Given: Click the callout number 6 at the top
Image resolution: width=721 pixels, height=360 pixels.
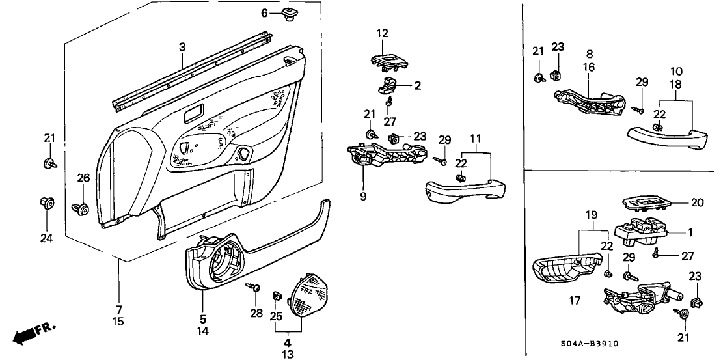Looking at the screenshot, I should (264, 13).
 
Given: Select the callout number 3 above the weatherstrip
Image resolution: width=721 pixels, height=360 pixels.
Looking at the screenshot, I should (183, 47).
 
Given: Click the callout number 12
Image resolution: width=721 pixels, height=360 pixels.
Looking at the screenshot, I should (381, 33).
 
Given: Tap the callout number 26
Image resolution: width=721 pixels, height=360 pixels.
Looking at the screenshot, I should (83, 178).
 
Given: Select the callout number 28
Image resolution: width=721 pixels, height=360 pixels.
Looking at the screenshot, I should (256, 314).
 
